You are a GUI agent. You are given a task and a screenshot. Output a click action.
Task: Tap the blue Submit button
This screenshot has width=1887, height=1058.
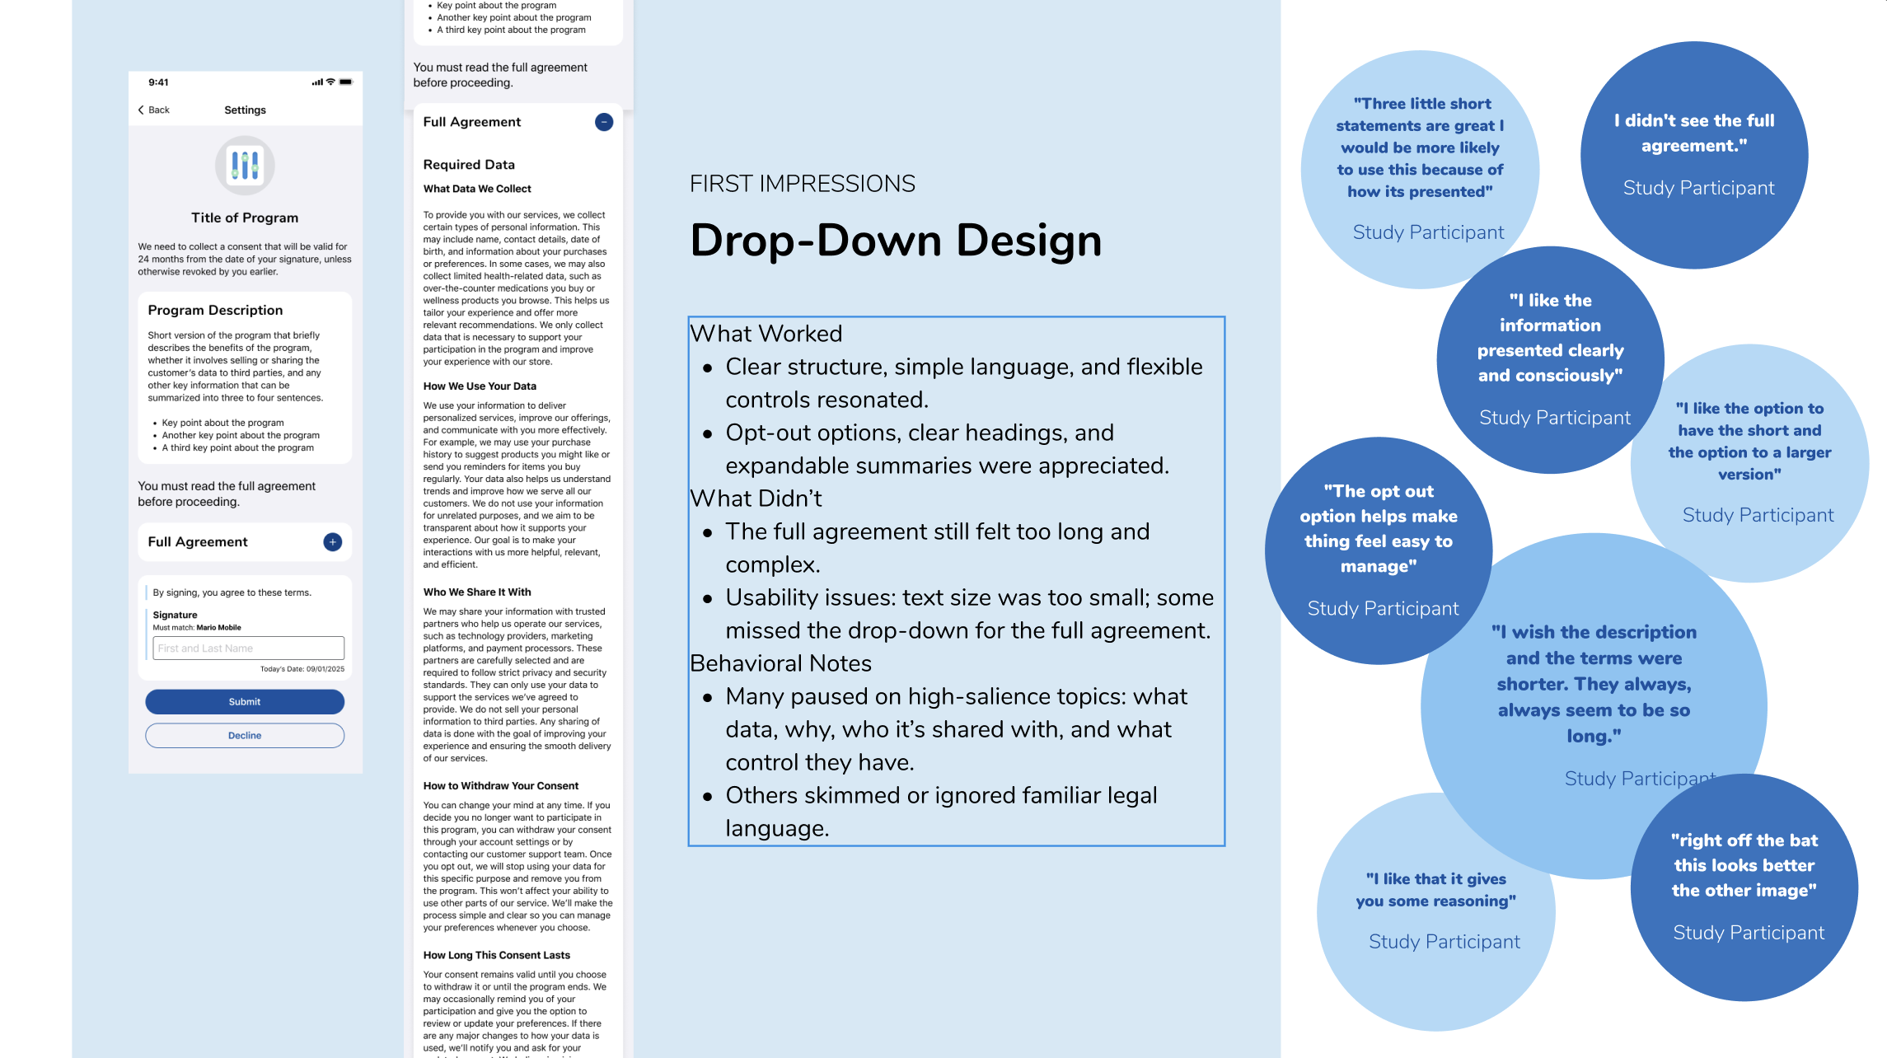pyautogui.click(x=245, y=701)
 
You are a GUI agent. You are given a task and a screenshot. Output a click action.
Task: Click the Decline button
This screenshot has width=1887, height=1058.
pyautogui.click(x=245, y=735)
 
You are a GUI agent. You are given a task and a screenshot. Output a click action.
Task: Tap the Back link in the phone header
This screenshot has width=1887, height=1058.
pyautogui.click(x=154, y=110)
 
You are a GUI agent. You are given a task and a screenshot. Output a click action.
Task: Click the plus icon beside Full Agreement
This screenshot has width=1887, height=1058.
pyautogui.click(x=332, y=541)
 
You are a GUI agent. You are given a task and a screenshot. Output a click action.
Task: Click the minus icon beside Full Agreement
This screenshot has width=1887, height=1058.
pyautogui.click(x=604, y=122)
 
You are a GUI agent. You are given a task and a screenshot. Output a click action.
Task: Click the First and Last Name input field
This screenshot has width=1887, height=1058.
pyautogui.click(x=248, y=648)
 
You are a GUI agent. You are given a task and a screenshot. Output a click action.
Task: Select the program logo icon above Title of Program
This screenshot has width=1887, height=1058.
pyautogui.click(x=245, y=165)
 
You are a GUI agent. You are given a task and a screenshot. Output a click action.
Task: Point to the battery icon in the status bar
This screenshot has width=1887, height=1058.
pyautogui.click(x=346, y=82)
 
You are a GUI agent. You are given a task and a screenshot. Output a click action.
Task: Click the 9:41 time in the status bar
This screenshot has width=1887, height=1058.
pyautogui.click(x=158, y=82)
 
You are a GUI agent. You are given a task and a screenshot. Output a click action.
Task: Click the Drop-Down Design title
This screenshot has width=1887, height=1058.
pyautogui.click(x=896, y=241)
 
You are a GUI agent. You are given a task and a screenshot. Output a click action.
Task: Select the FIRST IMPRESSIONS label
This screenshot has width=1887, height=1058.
pyautogui.click(x=802, y=184)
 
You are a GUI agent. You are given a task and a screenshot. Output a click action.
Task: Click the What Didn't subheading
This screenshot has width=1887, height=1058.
pyautogui.click(x=756, y=499)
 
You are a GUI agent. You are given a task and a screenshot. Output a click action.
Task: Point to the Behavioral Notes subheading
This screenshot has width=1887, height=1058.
pyautogui.click(x=780, y=663)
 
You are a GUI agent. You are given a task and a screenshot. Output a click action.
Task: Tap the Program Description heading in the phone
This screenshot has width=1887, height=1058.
pyautogui.click(x=215, y=310)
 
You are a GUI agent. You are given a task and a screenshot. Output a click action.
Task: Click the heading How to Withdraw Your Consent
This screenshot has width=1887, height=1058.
pyautogui.click(x=500, y=786)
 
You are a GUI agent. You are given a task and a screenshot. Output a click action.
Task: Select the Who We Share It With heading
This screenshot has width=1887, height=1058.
pyautogui.click(x=477, y=592)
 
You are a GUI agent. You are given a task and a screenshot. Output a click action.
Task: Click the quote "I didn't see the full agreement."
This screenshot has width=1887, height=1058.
pyautogui.click(x=1694, y=133)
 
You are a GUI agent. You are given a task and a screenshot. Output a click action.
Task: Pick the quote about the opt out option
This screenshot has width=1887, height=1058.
pyautogui.click(x=1379, y=528)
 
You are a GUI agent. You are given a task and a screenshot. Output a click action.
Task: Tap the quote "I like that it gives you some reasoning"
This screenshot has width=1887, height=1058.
pyautogui.click(x=1436, y=890)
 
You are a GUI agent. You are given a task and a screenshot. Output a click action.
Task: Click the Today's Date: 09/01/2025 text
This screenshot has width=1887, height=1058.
pyautogui.click(x=302, y=669)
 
